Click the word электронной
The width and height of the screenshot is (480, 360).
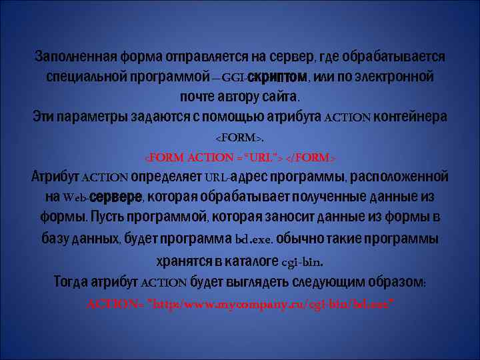coord(396,76)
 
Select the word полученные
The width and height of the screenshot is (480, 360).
coord(323,198)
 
